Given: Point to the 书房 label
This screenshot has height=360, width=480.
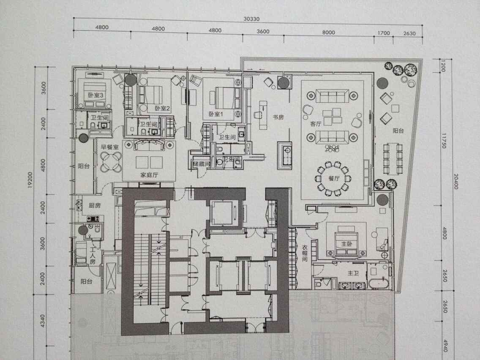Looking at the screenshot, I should (x=278, y=117).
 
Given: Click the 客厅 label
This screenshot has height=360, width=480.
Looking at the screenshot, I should (x=316, y=124).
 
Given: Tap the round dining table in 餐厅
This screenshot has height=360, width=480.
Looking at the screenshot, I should (x=334, y=178).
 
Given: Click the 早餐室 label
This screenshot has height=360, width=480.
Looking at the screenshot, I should (x=108, y=147).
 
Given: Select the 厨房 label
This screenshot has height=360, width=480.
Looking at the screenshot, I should (x=94, y=205).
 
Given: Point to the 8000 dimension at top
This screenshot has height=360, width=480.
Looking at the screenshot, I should (x=328, y=33).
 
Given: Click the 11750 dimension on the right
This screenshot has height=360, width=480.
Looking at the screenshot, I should (x=444, y=140).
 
